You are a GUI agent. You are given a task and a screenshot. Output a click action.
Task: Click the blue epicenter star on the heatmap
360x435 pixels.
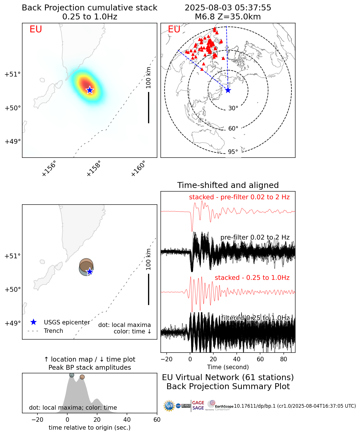[90, 90]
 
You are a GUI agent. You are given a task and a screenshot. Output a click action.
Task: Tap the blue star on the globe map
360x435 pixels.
[228, 90]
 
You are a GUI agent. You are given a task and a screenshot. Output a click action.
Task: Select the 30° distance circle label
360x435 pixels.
[233, 108]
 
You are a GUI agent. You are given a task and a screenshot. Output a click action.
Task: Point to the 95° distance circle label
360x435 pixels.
[233, 152]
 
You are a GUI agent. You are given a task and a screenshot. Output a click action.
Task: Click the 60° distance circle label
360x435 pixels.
[233, 129]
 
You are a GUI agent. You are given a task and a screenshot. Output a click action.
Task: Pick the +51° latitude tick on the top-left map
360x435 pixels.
[13, 75]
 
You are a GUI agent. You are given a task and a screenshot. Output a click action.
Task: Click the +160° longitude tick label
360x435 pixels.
[138, 169]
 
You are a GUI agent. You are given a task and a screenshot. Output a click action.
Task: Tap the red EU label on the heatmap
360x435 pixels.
[36, 29]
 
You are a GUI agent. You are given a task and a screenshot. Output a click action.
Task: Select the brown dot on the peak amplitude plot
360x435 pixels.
[82, 377]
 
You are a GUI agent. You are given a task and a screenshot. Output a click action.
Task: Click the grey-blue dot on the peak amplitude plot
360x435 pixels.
[72, 375]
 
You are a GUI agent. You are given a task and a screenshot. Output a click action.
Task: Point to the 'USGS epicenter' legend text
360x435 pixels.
[67, 322]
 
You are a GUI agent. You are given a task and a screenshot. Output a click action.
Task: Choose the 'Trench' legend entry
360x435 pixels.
[53, 331]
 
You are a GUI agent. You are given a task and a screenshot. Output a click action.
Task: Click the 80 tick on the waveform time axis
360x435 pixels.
[284, 359]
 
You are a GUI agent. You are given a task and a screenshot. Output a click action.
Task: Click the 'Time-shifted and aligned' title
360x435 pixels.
[228, 185]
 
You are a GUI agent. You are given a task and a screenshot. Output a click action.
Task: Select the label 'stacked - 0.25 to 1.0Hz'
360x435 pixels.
[252, 278]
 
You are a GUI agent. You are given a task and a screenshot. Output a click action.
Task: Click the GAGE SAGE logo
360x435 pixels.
[198, 405]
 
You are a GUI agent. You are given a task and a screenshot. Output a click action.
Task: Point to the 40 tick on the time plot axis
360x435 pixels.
[127, 420]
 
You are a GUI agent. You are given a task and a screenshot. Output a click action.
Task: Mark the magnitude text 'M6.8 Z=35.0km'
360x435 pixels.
[228, 17]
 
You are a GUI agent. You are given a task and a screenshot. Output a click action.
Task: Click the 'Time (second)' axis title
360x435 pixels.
[228, 367]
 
